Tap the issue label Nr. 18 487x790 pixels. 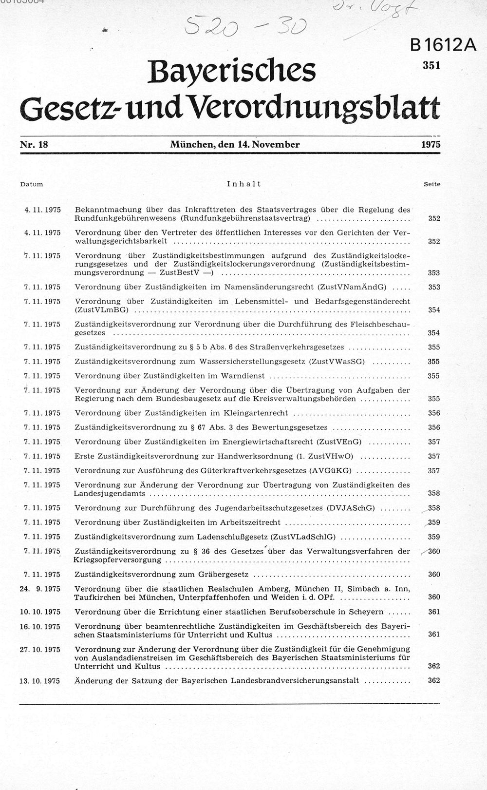pyautogui.click(x=34, y=144)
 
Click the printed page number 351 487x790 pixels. pyautogui.click(x=431, y=65)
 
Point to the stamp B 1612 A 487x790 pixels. pyautogui.click(x=442, y=45)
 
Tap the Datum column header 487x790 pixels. pyautogui.click(x=32, y=184)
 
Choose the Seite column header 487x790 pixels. pyautogui.click(x=431, y=184)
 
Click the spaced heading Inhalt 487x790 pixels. pyautogui.click(x=244, y=184)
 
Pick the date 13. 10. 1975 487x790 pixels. pyautogui.click(x=40, y=681)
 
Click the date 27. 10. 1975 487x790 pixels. pyautogui.click(x=40, y=649)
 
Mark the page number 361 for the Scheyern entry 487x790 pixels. pyautogui.click(x=433, y=612)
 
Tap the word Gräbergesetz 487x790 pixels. pyautogui.click(x=223, y=575)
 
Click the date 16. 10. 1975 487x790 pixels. pyautogui.click(x=40, y=626)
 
